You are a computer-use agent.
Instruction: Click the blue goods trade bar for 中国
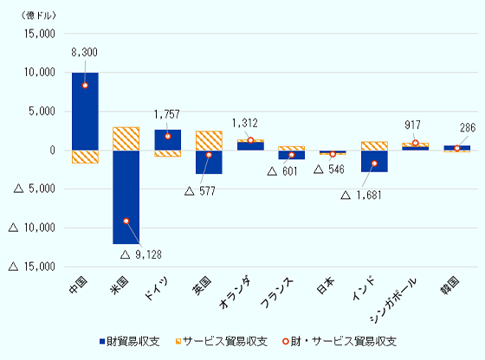coord(85,111)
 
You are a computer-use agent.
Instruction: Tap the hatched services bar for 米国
coord(126,138)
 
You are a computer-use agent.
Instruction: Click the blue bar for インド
coord(374,161)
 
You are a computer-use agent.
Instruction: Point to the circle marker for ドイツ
coord(167,137)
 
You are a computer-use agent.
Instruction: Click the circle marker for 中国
coord(85,86)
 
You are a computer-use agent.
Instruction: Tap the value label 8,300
coord(85,54)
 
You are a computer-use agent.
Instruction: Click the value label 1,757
coord(167,113)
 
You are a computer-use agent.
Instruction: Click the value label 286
coord(468,126)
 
